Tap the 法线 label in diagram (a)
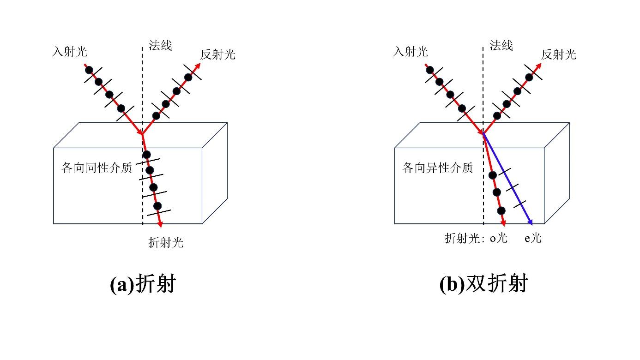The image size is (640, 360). coord(160,45)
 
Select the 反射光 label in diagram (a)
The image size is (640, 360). coord(217,54)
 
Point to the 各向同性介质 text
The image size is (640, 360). coord(97,168)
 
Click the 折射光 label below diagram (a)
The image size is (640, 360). coord(166,242)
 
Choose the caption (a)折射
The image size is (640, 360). coord(143,284)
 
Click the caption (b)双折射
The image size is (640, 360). coord(483,284)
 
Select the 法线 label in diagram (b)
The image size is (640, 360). coord(501,45)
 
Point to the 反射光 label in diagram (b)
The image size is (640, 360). coord(559,54)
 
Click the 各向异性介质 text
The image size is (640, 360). coord(438,168)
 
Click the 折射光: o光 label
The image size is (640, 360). coord(476,239)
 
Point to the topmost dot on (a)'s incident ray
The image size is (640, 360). coord(89,70)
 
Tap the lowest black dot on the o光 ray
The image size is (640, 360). coord(501,210)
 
